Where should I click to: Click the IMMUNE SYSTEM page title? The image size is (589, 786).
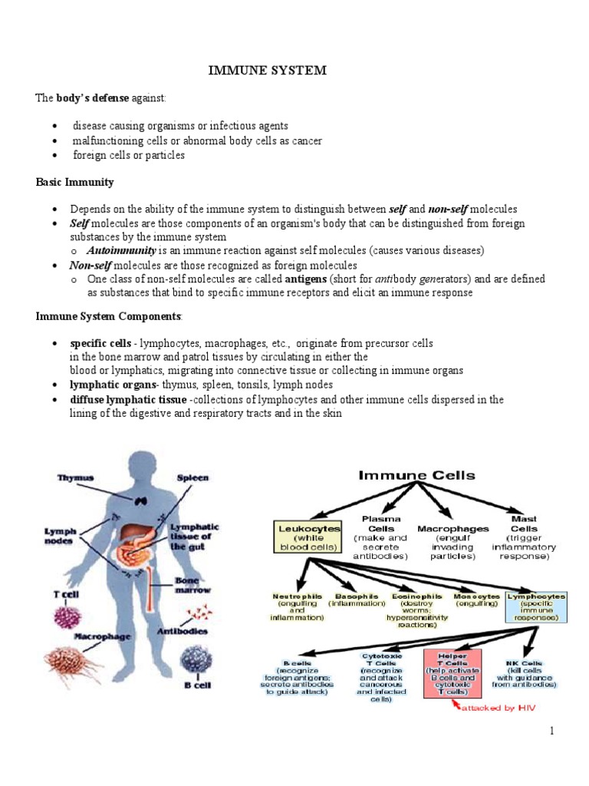pos(268,71)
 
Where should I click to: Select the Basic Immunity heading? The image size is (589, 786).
pos(75,182)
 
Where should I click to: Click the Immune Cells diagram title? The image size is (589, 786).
pos(417,476)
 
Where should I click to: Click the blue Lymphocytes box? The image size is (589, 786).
pos(536,606)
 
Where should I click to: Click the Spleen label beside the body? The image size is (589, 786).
pos(192,477)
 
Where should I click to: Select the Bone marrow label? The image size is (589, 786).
pos(197,585)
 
